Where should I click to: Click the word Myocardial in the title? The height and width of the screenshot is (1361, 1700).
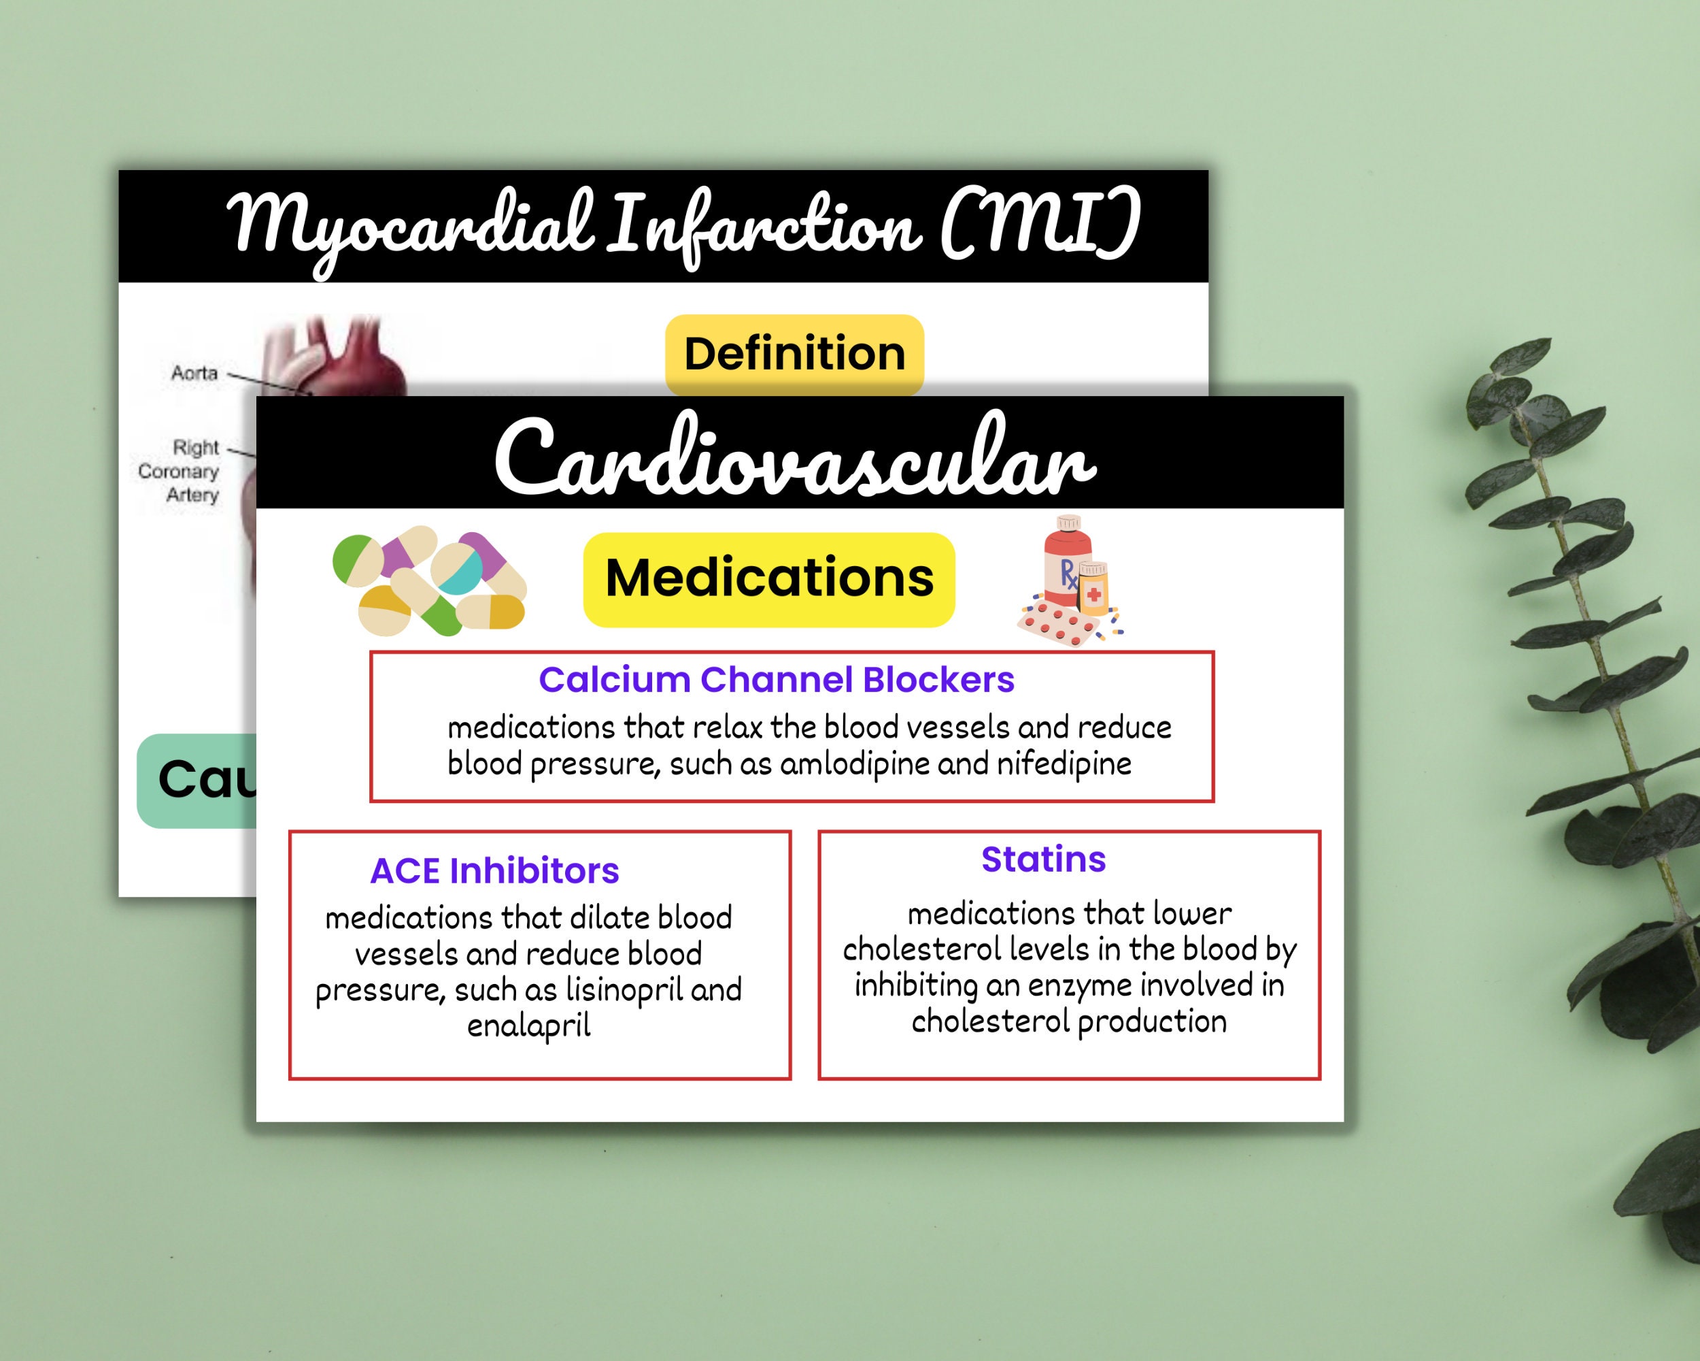click(x=410, y=225)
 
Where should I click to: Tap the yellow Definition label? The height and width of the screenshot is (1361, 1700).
click(x=794, y=355)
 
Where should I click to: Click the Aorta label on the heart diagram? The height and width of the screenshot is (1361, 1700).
click(x=194, y=372)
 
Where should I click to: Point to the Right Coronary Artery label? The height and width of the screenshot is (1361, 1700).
click(x=180, y=471)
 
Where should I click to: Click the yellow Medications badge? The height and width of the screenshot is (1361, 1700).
click(x=769, y=579)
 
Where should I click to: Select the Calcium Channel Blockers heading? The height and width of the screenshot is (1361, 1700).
click(x=776, y=680)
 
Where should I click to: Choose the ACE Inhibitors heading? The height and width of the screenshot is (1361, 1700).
click(x=494, y=871)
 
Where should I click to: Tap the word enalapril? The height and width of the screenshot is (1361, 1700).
click(x=528, y=1026)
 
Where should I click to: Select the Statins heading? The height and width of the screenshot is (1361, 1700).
click(x=1043, y=859)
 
